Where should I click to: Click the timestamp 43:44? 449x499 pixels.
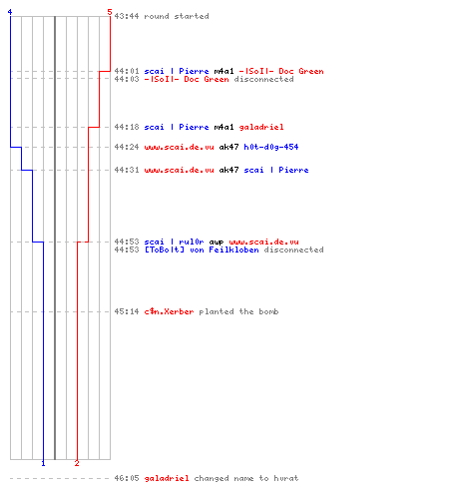tap(127, 16)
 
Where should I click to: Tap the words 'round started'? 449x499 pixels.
tap(177, 16)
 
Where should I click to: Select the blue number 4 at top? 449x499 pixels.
tap(10, 12)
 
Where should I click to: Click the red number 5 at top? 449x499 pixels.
tap(110, 12)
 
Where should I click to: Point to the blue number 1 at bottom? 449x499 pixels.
tap(43, 463)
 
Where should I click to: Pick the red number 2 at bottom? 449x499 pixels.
tap(77, 463)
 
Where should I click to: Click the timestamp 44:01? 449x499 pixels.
tap(127, 71)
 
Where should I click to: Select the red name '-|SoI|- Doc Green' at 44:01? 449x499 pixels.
tap(281, 71)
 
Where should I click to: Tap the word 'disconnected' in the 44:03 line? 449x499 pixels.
tap(263, 79)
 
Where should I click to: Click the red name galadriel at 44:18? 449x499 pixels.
tap(261, 127)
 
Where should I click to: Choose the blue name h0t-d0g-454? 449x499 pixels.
tap(271, 147)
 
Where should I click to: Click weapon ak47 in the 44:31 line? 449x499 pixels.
tap(228, 170)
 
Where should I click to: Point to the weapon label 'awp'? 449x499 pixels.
tap(217, 242)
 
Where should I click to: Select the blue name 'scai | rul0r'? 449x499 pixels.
tap(174, 242)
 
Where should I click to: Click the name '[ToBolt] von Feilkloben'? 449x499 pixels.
tap(202, 249)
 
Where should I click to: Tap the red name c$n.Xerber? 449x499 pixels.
tap(169, 311)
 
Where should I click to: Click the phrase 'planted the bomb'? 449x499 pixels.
tap(238, 311)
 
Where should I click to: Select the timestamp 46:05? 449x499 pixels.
tap(127, 478)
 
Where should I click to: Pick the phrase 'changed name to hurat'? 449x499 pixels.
tap(246, 478)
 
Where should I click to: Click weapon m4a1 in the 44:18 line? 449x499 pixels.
tap(224, 127)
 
